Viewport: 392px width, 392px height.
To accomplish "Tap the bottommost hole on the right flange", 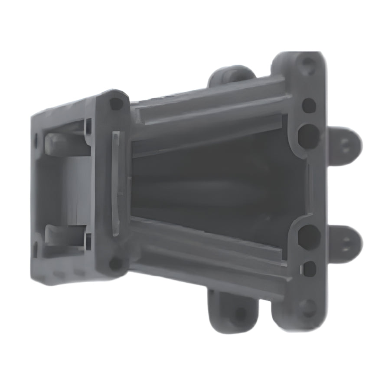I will [x=307, y=307].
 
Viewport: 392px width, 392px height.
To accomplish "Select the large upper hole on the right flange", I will [x=308, y=135].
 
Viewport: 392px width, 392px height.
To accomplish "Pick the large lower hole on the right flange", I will [x=308, y=235].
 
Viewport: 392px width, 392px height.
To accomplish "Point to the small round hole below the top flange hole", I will [x=309, y=105].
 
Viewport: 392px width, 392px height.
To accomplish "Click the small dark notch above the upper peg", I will [x=88, y=126].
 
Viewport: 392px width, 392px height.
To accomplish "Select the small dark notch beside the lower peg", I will [x=88, y=241].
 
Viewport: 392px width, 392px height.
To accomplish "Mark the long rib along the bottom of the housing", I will [x=208, y=256].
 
